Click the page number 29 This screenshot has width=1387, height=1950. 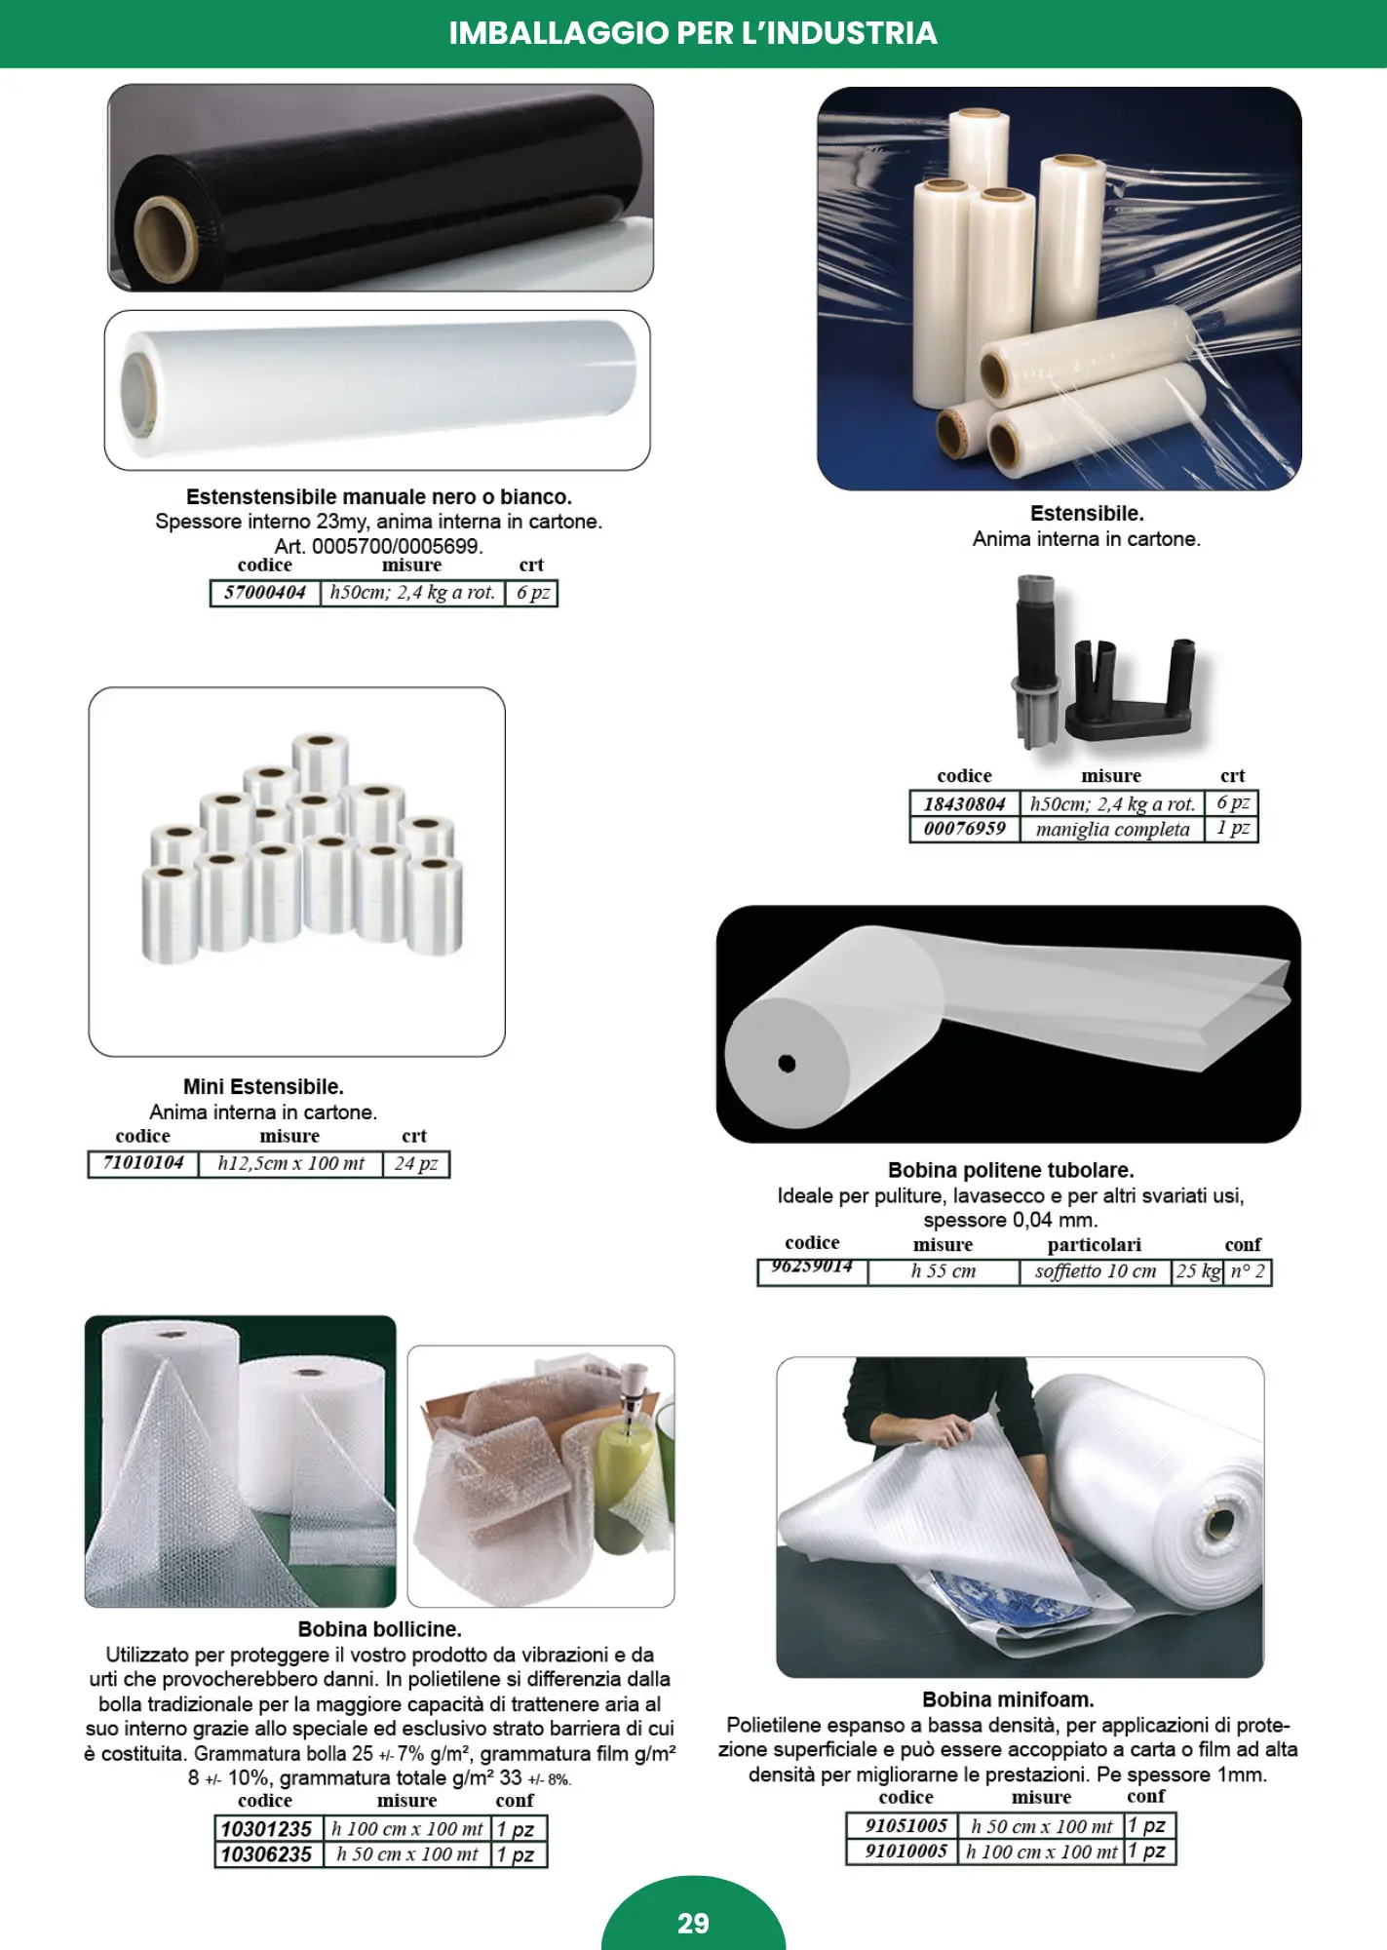tap(693, 1923)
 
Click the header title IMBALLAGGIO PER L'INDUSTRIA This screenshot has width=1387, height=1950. tap(693, 33)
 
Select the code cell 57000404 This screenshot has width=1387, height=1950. tap(265, 593)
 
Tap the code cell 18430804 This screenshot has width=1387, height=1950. tap(965, 803)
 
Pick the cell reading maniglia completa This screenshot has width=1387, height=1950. tap(1112, 829)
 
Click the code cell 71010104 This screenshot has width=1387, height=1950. tap(143, 1163)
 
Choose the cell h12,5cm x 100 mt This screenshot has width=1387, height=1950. tap(290, 1163)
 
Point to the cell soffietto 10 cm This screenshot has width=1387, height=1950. tap(1096, 1271)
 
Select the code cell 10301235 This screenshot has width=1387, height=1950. tap(266, 1828)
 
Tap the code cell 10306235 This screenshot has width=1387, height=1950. tap(266, 1853)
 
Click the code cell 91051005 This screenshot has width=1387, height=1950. tap(905, 1825)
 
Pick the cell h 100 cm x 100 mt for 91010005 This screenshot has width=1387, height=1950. tap(1041, 1851)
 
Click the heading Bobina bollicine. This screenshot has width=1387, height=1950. tap(380, 1629)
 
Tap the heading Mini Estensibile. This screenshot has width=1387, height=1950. tap(263, 1086)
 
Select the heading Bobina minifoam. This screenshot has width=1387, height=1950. tap(1008, 1699)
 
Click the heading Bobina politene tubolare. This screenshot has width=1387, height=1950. tap(1011, 1170)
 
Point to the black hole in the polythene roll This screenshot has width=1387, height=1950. tap(787, 1064)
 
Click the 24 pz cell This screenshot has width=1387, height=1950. tap(416, 1163)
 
